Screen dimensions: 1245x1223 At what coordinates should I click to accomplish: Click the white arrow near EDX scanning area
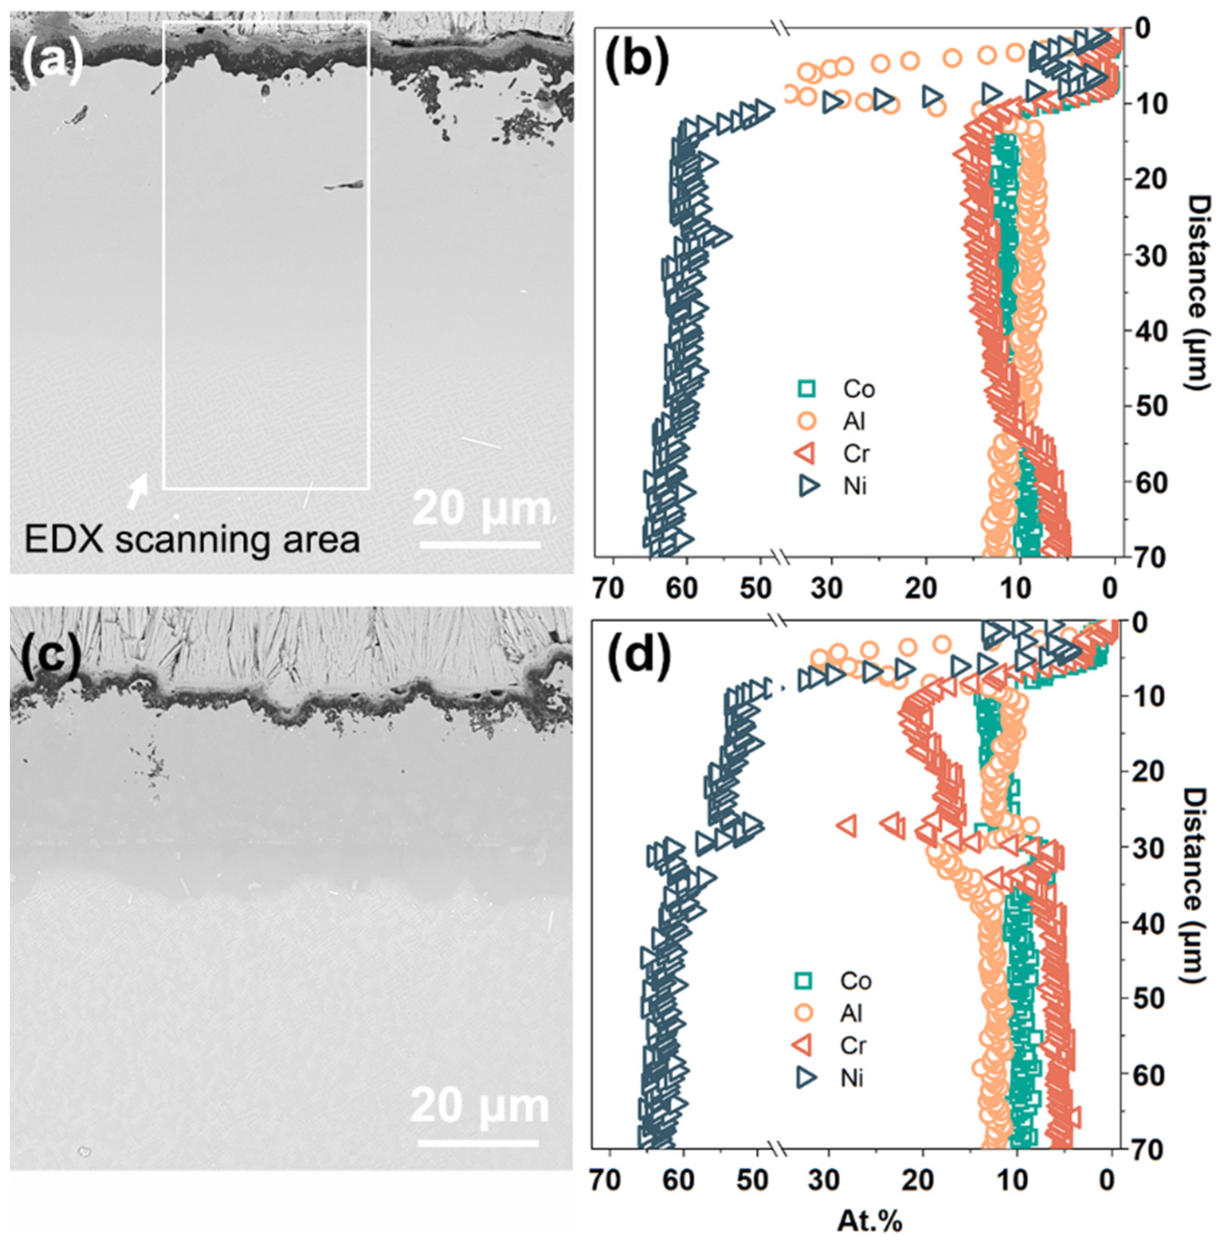(x=137, y=492)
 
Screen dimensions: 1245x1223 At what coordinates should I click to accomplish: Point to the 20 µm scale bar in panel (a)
(x=481, y=545)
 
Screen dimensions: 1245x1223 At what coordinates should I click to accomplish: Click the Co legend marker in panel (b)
(x=806, y=389)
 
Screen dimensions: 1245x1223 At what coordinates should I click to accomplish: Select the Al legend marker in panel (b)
(x=806, y=421)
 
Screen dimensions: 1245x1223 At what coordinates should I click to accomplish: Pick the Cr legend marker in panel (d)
(x=803, y=1045)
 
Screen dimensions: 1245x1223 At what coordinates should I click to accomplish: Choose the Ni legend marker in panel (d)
(x=803, y=1078)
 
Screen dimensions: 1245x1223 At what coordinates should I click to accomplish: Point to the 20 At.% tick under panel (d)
(x=923, y=1180)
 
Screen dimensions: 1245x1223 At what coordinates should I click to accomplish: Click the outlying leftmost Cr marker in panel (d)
(x=847, y=825)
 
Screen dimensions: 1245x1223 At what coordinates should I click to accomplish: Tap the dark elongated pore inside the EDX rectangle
(x=344, y=186)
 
